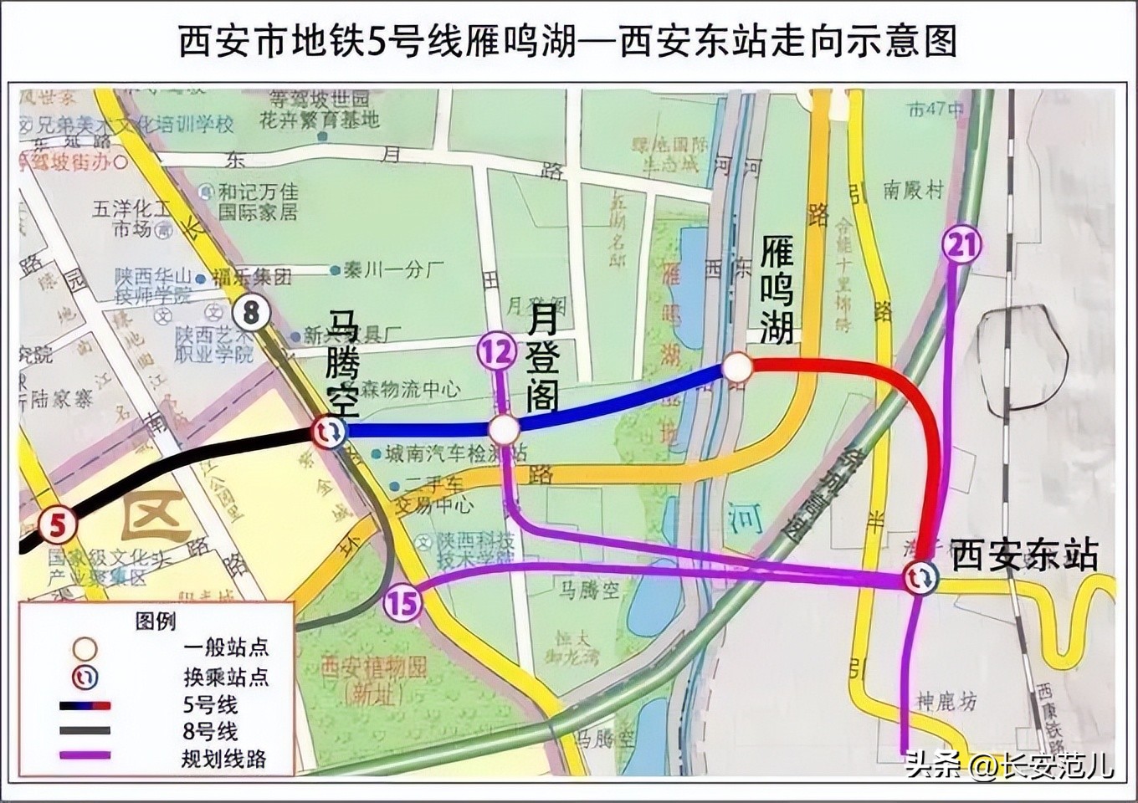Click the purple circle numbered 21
(961, 244)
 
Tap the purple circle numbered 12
(497, 352)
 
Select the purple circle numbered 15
(402, 601)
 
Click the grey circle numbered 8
(251, 314)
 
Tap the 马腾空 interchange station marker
(328, 432)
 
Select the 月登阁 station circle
(504, 430)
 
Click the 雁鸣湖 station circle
(737, 367)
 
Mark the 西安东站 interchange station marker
(920, 577)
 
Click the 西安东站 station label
(1024, 555)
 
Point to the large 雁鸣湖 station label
(777, 289)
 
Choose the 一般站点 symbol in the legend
(85, 648)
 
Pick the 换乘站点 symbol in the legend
(85, 676)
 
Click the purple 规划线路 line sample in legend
(85, 756)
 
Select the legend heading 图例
(156, 621)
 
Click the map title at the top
(568, 42)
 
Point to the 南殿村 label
(913, 191)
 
